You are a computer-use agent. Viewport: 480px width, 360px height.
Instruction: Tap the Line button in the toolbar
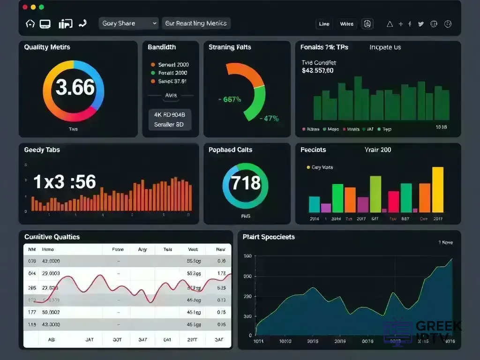(x=324, y=24)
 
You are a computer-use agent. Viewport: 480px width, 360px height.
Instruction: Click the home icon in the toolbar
(x=30, y=24)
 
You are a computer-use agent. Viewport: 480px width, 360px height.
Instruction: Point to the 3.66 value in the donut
(x=75, y=88)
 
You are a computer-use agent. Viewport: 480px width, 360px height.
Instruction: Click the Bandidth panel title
(x=162, y=47)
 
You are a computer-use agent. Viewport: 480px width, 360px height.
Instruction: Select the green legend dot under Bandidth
(x=153, y=73)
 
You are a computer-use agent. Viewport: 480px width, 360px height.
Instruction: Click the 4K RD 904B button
(x=170, y=114)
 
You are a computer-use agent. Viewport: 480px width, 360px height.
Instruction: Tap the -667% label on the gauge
(x=230, y=99)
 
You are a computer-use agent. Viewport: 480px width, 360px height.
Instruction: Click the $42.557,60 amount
(x=318, y=71)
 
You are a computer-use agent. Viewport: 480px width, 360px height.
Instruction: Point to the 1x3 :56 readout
(x=65, y=182)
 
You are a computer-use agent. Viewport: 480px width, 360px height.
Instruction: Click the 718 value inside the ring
(x=246, y=182)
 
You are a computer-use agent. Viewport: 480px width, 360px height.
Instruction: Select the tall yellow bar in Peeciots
(x=437, y=190)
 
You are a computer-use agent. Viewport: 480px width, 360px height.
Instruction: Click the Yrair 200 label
(x=377, y=150)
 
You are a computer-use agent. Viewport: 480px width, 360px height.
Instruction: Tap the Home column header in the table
(x=48, y=250)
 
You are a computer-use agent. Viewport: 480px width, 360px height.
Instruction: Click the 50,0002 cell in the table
(x=52, y=312)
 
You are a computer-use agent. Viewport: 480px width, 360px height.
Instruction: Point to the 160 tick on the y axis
(x=247, y=256)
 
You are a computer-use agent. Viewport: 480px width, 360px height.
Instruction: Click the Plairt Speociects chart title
(x=269, y=237)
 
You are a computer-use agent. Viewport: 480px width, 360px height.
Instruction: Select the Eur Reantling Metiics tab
(x=196, y=23)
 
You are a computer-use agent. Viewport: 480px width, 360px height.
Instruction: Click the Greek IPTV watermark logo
(x=422, y=331)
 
